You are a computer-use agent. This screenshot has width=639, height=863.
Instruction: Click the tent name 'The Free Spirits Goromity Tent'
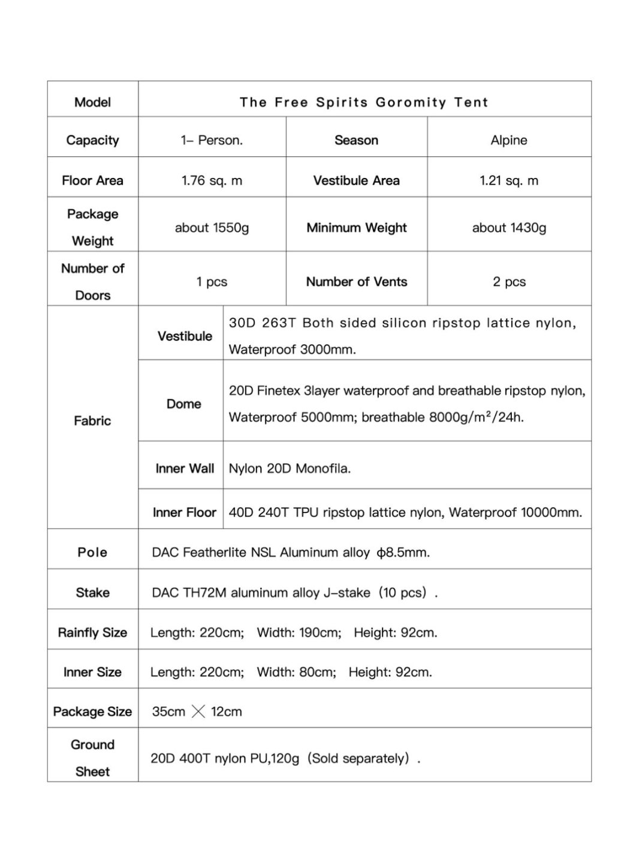click(364, 102)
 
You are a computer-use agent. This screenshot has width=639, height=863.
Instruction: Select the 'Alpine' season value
click(509, 140)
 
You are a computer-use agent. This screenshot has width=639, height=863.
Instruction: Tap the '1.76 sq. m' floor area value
click(212, 180)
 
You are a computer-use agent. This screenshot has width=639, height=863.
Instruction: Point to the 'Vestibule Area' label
click(356, 180)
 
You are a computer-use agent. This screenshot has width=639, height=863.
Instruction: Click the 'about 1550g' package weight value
click(212, 228)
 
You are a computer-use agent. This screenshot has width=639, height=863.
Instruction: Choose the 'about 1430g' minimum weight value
click(509, 228)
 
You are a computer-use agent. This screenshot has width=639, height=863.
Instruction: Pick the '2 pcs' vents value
click(509, 282)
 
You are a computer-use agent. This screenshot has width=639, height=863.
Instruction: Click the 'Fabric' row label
click(92, 421)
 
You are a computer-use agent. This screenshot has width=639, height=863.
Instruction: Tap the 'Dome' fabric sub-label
click(183, 404)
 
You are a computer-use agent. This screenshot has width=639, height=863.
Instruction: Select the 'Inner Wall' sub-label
click(184, 469)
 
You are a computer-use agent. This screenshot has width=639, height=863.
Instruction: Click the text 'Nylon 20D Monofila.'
click(290, 469)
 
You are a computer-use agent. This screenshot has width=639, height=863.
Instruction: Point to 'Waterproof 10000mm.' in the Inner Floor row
click(516, 512)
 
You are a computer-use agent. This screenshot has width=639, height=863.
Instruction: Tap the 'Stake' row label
click(92, 593)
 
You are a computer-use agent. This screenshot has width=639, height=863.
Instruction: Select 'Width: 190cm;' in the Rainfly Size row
click(299, 632)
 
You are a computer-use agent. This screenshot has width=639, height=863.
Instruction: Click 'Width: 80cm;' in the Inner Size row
click(296, 672)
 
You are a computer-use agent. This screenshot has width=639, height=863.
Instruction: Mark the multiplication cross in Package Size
click(198, 711)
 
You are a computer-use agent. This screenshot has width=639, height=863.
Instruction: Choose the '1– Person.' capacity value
click(212, 140)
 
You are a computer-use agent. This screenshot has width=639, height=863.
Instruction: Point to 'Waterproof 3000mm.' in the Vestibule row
click(292, 349)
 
